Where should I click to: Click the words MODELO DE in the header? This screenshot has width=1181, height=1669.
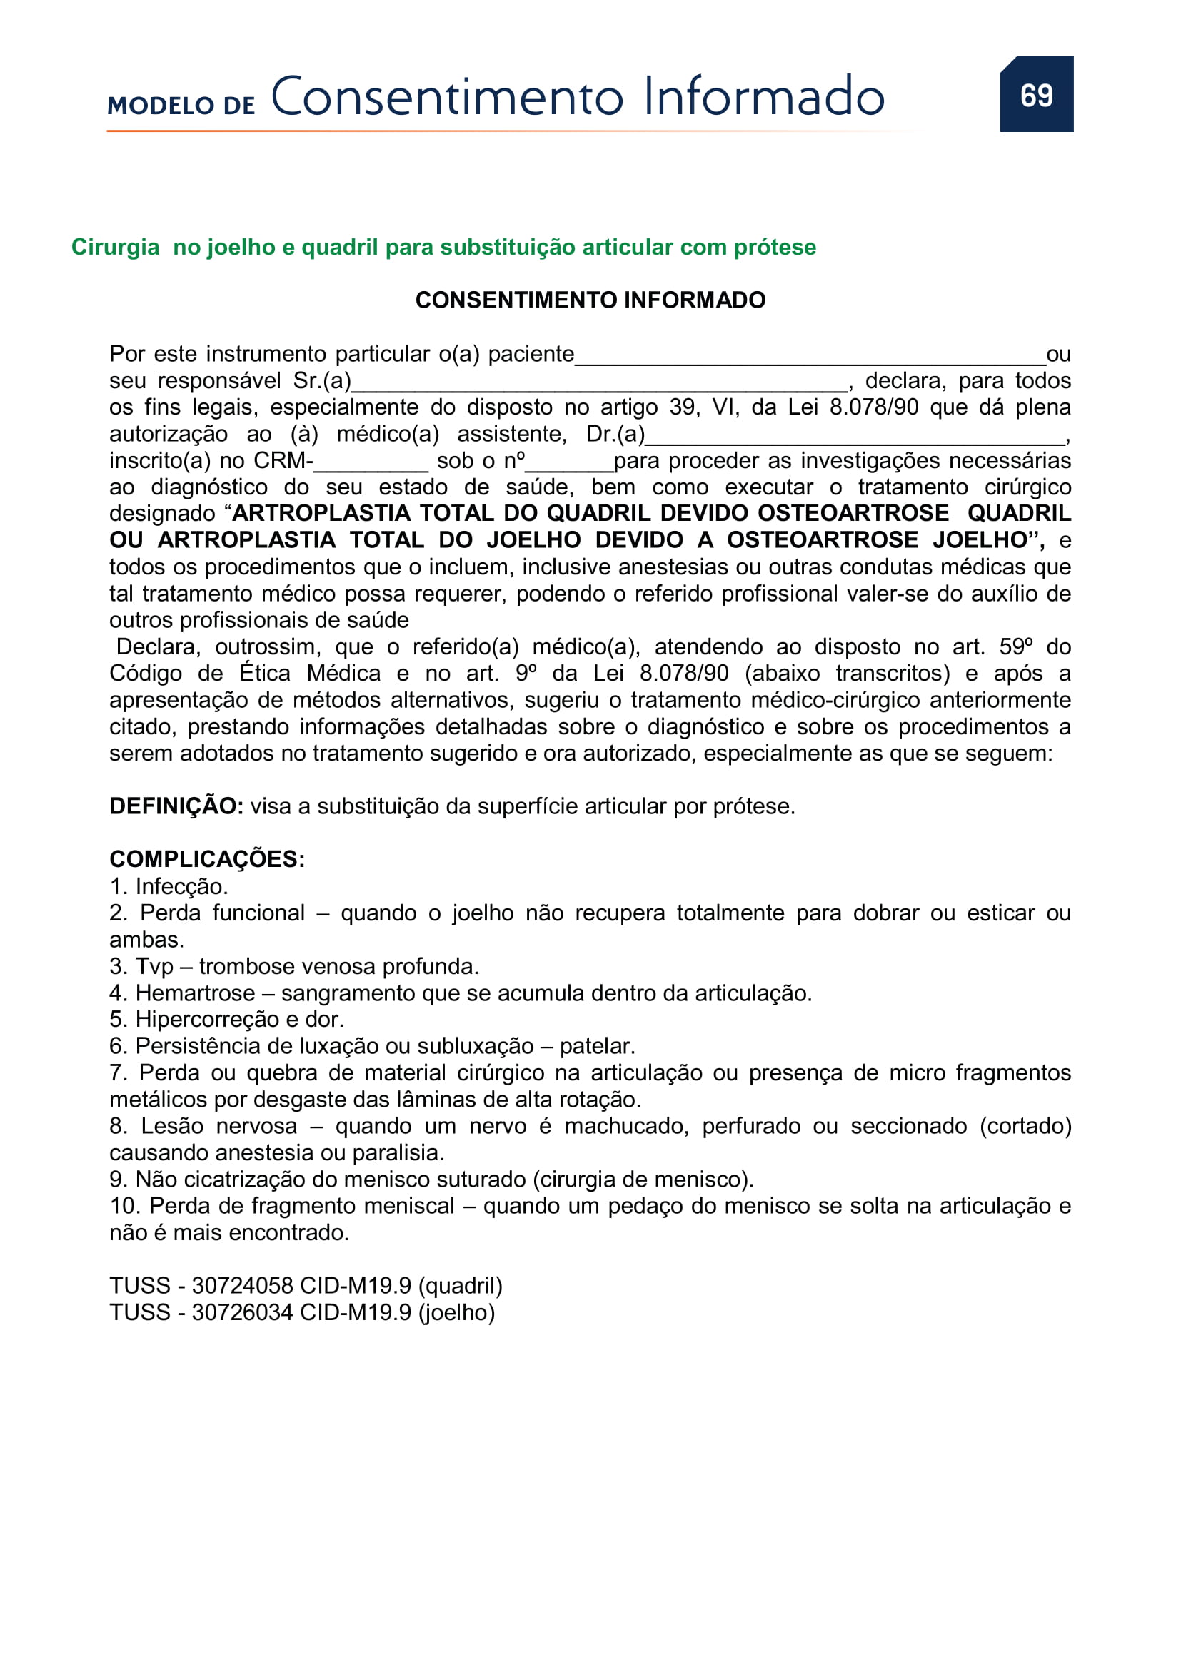point(181,106)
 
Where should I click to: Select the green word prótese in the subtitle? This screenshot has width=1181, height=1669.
point(775,247)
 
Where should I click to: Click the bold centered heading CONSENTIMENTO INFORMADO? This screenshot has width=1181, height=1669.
point(590,300)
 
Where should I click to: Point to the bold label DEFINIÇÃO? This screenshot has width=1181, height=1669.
point(176,806)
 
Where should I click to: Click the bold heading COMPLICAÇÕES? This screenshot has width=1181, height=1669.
point(207,859)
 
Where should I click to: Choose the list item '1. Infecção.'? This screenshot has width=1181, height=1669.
point(169,886)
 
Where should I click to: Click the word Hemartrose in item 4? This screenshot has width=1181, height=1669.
point(195,993)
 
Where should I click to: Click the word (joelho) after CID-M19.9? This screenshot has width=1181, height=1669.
point(457,1313)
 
